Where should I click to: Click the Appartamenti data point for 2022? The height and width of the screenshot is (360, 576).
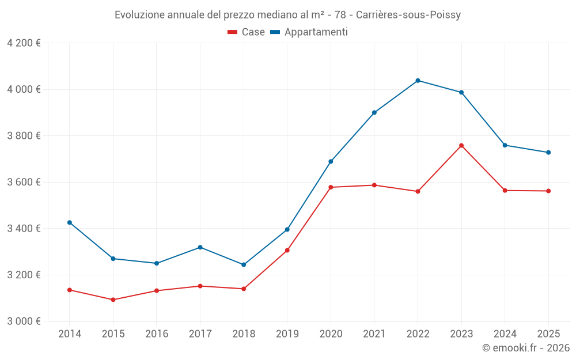pyautogui.click(x=418, y=81)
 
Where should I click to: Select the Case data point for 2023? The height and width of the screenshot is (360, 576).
pyautogui.click(x=461, y=146)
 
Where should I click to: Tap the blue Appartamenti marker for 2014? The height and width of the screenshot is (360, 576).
pyautogui.click(x=70, y=222)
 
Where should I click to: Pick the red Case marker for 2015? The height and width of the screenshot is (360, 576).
pyautogui.click(x=113, y=300)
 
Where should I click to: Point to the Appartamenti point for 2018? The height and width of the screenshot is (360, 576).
pyautogui.click(x=244, y=265)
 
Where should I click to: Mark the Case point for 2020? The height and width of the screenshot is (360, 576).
pyautogui.click(x=331, y=187)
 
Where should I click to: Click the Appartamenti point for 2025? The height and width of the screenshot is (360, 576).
pyautogui.click(x=548, y=153)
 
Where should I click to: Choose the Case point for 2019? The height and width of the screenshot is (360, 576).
pyautogui.click(x=287, y=251)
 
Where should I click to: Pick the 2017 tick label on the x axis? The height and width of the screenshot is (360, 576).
pyautogui.click(x=200, y=334)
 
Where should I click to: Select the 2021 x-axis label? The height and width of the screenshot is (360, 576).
pyautogui.click(x=374, y=334)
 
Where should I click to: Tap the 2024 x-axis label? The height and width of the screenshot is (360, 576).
pyautogui.click(x=505, y=334)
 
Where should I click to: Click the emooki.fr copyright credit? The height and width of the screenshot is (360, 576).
pyautogui.click(x=526, y=348)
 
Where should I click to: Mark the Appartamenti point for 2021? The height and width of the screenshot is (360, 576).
pyautogui.click(x=374, y=113)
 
